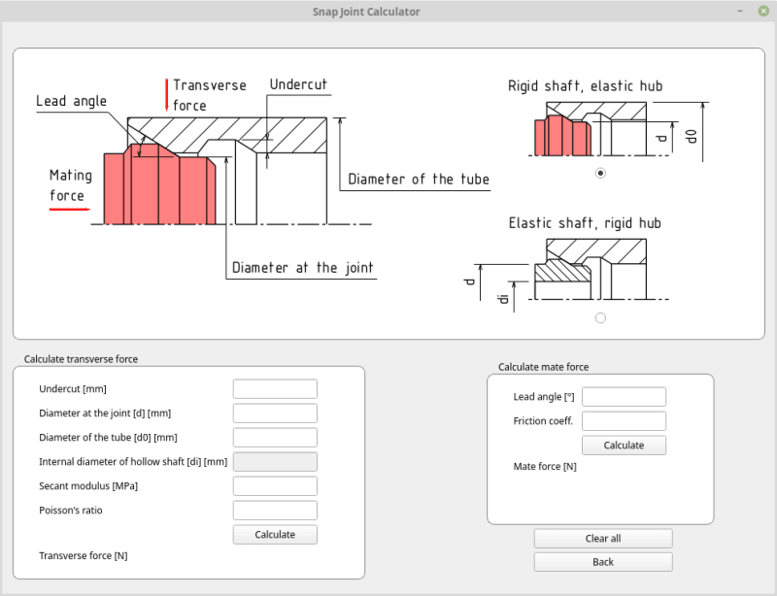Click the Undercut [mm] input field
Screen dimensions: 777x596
275,389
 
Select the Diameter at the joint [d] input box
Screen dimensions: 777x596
275,414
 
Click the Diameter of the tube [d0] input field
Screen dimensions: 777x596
275,438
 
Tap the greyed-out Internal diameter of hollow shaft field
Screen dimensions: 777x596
275,462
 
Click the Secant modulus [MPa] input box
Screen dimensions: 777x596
275,486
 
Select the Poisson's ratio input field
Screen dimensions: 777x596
275,511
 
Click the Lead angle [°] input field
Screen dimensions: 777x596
624,397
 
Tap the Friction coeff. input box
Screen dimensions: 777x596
624,421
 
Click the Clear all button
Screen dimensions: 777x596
603,539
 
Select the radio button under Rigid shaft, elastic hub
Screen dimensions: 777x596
600,173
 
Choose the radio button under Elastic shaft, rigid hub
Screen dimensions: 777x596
600,318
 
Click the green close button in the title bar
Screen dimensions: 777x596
763,11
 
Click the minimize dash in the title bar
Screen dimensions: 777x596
740,11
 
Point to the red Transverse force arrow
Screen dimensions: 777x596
167,94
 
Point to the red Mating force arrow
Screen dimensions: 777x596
70,209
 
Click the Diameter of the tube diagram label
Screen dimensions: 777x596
419,179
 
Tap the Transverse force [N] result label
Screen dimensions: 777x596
84,556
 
